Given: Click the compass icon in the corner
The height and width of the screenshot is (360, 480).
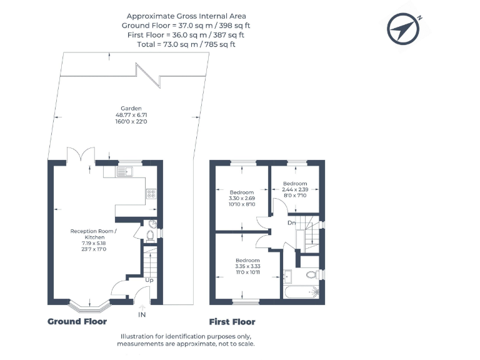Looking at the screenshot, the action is (403, 29).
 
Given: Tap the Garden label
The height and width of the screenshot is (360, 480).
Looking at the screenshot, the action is (131, 108).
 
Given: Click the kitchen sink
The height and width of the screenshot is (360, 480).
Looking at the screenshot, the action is (124, 172).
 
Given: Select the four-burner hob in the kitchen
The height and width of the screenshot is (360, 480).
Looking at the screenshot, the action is (151, 194).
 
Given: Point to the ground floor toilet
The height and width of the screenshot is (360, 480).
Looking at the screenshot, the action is (150, 236).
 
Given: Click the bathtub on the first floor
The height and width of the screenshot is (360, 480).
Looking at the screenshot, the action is (302, 292).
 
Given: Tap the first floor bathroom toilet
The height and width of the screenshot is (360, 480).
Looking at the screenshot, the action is (312, 274).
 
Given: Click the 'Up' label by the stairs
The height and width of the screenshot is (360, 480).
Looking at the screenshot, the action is (149, 280).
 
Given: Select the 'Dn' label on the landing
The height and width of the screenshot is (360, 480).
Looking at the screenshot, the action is (291, 223).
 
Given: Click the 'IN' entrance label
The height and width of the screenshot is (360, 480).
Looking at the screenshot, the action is (142, 315).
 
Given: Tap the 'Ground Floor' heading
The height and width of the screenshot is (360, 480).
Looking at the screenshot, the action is (77, 321).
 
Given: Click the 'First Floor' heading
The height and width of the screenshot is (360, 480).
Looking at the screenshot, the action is (232, 322).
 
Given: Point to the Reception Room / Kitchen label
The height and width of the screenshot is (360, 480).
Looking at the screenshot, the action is (94, 234).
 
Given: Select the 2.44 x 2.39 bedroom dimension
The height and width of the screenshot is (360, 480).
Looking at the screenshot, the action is (295, 189).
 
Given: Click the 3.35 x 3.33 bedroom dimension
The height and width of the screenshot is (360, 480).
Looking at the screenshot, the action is (247, 266).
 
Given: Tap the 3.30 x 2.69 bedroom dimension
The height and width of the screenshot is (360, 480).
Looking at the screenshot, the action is (242, 198).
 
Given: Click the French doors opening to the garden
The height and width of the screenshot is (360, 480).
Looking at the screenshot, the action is (81, 154).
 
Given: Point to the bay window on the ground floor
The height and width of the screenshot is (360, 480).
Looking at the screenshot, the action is (89, 307).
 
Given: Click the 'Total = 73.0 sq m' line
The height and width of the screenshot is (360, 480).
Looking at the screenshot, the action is (186, 44).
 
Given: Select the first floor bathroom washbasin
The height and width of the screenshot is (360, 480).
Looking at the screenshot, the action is (287, 277).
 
